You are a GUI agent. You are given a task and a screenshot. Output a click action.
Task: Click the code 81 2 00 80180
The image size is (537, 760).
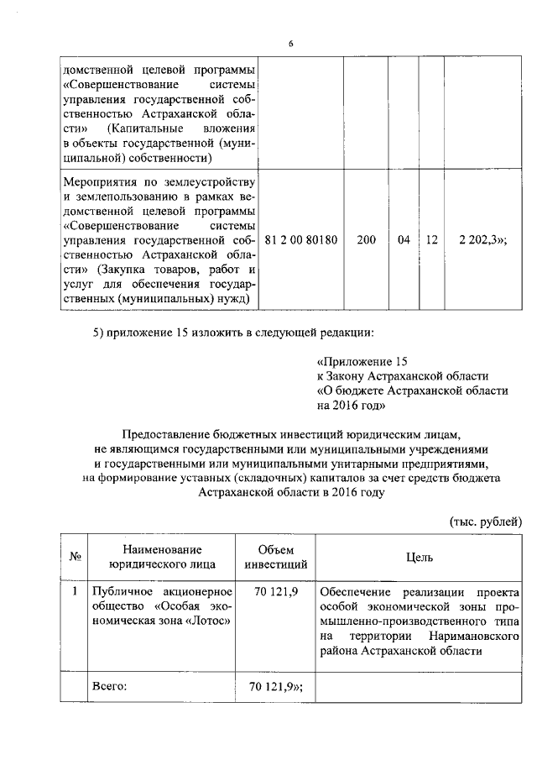(300, 240)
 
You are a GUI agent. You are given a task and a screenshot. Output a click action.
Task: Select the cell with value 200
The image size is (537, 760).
(366, 240)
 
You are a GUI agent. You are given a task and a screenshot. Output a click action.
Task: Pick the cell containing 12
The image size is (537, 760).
(431, 240)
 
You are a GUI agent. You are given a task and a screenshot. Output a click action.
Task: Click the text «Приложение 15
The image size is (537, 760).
(362, 361)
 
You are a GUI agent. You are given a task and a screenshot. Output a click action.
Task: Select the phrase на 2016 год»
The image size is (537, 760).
(351, 406)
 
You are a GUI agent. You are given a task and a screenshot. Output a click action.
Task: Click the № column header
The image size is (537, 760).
(74, 556)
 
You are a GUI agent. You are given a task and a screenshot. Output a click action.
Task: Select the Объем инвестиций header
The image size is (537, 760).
(275, 556)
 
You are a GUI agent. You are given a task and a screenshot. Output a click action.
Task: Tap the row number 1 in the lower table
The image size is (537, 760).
(74, 590)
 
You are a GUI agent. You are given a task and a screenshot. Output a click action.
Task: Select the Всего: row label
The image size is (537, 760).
(109, 687)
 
